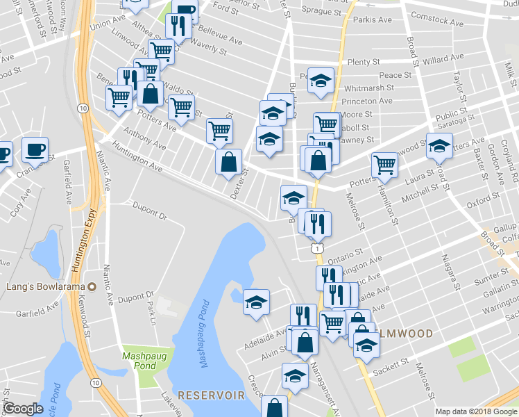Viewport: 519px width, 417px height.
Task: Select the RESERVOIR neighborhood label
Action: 211,395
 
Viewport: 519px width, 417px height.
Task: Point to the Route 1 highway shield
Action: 316,248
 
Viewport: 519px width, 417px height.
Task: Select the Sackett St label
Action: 393,364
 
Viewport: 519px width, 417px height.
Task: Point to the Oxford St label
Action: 479,204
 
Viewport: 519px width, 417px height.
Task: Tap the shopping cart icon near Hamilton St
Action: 384,165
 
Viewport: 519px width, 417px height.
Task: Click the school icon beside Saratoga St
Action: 439,146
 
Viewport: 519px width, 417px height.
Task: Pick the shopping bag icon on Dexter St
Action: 229,163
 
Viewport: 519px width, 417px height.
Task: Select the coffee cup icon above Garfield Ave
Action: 34,149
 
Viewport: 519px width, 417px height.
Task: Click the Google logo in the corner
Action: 23,409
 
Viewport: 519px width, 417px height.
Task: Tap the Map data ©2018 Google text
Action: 476,411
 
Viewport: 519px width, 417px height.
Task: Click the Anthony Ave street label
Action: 144,139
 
